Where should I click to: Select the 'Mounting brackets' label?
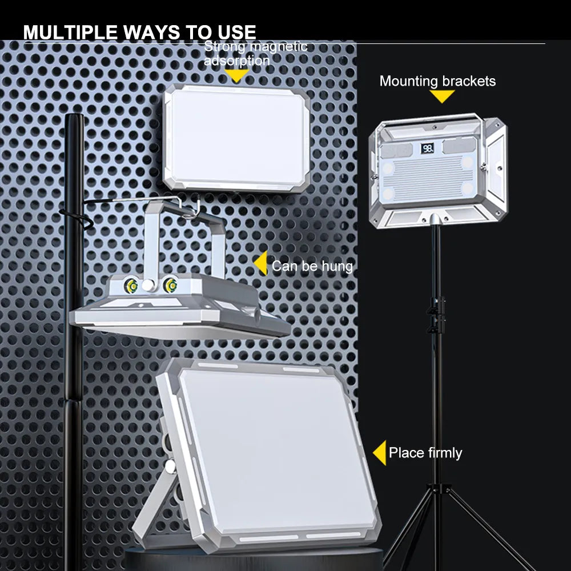437,81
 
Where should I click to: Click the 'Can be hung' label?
312,266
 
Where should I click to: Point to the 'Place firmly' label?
425,453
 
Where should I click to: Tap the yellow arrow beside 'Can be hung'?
261,263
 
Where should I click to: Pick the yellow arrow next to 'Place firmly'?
380,453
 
